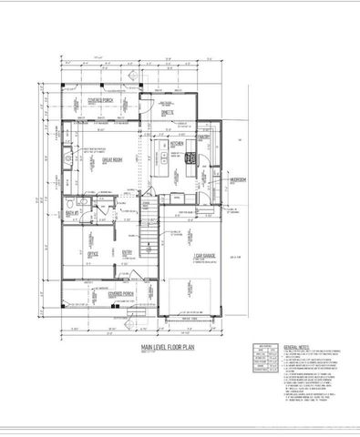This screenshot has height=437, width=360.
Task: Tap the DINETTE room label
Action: [x=167, y=113]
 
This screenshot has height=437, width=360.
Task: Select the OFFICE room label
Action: [x=92, y=254]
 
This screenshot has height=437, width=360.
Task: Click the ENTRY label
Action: [x=129, y=254]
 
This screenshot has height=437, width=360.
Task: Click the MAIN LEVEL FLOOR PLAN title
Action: [x=169, y=349]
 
